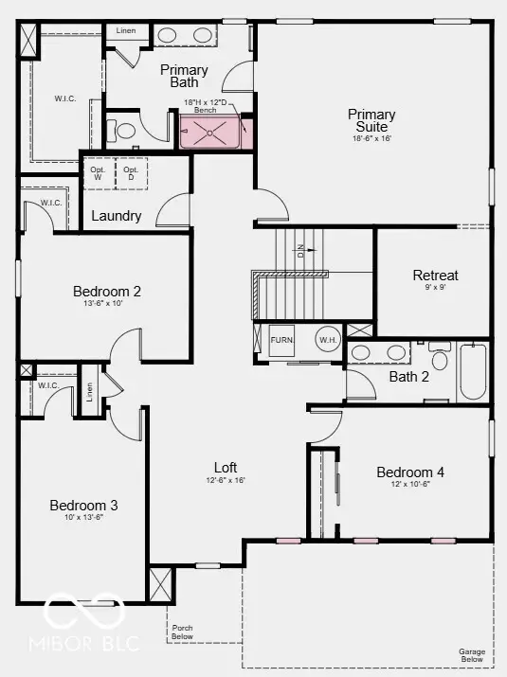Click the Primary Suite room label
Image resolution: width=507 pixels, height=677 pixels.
(x=371, y=120)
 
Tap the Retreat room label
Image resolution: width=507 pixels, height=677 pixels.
(x=435, y=276)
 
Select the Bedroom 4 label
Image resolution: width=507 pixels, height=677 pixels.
(x=410, y=472)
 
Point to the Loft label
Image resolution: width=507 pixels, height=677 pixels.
(x=226, y=468)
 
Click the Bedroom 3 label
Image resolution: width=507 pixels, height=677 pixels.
(x=83, y=506)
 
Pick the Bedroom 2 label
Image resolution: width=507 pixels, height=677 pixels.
(x=107, y=292)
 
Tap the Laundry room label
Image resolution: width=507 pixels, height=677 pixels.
(x=117, y=216)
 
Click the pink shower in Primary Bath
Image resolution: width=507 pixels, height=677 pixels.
(x=210, y=134)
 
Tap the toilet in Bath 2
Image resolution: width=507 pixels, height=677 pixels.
(x=439, y=359)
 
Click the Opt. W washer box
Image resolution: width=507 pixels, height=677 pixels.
(x=99, y=173)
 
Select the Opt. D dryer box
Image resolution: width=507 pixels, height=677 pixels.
(x=131, y=173)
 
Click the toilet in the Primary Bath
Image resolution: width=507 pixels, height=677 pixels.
(x=123, y=132)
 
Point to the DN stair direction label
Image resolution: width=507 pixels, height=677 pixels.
(x=301, y=251)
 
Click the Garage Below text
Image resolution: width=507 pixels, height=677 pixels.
(x=472, y=656)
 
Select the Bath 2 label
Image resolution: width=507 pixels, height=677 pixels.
(x=409, y=376)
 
